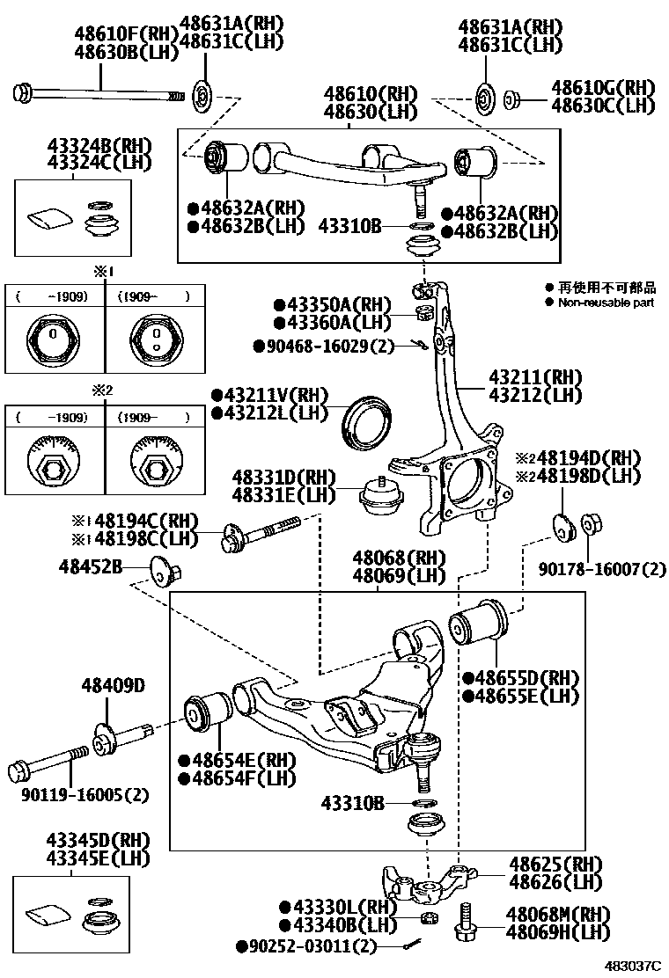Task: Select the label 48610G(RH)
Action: point(604,87)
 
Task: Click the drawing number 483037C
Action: point(631,965)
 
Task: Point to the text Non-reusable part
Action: point(605,303)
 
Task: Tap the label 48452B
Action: point(92,567)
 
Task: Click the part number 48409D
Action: point(113,685)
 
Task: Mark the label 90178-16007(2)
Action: point(603,570)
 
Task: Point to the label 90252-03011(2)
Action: point(306,946)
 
